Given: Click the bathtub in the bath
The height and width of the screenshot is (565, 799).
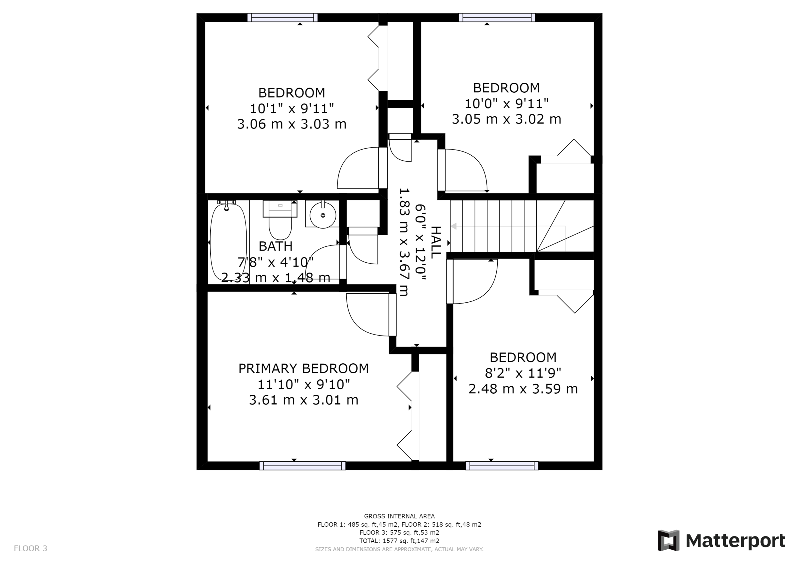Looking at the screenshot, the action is point(229,243).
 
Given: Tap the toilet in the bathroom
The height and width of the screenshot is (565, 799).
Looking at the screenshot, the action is point(280,220).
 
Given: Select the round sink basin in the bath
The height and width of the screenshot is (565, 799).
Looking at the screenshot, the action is point(323,215).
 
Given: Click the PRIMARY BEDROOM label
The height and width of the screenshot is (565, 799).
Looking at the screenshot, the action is point(303,368).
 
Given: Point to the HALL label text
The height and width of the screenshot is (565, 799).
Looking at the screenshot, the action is point(436,243).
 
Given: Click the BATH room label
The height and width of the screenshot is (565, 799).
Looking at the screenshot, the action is point(275,246).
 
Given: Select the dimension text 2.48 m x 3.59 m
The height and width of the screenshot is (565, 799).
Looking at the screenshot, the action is point(523,389).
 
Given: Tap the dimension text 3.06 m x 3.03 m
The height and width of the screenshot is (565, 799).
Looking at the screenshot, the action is point(291,124).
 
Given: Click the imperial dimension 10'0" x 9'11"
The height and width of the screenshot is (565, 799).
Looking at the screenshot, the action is point(507,103).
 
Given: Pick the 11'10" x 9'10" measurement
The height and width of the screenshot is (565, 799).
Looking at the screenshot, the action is point(303,384).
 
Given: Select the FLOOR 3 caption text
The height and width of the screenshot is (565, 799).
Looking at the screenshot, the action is point(31,549).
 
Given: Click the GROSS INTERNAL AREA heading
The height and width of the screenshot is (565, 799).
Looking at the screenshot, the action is point(399,516).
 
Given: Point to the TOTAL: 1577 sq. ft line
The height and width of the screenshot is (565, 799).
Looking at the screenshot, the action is point(399,541).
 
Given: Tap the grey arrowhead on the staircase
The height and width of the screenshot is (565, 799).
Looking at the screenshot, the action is point(454,227).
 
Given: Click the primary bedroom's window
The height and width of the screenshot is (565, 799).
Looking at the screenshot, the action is point(302,466).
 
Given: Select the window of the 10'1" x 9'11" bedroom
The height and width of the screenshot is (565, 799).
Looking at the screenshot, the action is point(283,17).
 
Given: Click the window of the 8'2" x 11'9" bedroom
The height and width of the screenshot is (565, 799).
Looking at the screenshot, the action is point(502,466).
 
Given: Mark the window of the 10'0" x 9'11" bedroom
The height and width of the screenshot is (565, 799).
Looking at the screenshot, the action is point(497,17).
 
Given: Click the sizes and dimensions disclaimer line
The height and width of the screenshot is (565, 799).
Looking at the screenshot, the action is point(399,549).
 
